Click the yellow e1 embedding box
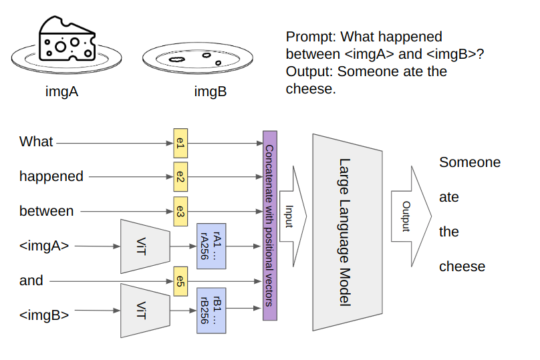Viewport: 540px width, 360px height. click(x=180, y=143)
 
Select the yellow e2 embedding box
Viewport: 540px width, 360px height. click(x=180, y=177)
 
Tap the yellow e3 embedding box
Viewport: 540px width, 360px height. click(x=180, y=211)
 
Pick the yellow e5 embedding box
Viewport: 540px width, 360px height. click(x=180, y=281)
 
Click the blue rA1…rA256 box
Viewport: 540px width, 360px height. click(x=211, y=246)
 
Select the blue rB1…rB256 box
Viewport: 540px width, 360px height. click(x=211, y=309)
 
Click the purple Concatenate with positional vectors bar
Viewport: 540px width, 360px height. click(x=269, y=225)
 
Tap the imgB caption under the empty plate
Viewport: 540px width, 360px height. click(x=210, y=92)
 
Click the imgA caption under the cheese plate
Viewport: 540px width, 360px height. click(x=61, y=92)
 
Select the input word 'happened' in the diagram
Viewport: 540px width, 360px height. click(x=51, y=177)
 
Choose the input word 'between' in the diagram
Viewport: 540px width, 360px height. click(x=46, y=211)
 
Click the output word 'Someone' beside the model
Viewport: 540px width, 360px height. click(x=469, y=162)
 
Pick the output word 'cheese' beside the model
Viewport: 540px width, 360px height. click(x=462, y=266)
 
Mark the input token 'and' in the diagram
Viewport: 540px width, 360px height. click(x=31, y=281)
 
